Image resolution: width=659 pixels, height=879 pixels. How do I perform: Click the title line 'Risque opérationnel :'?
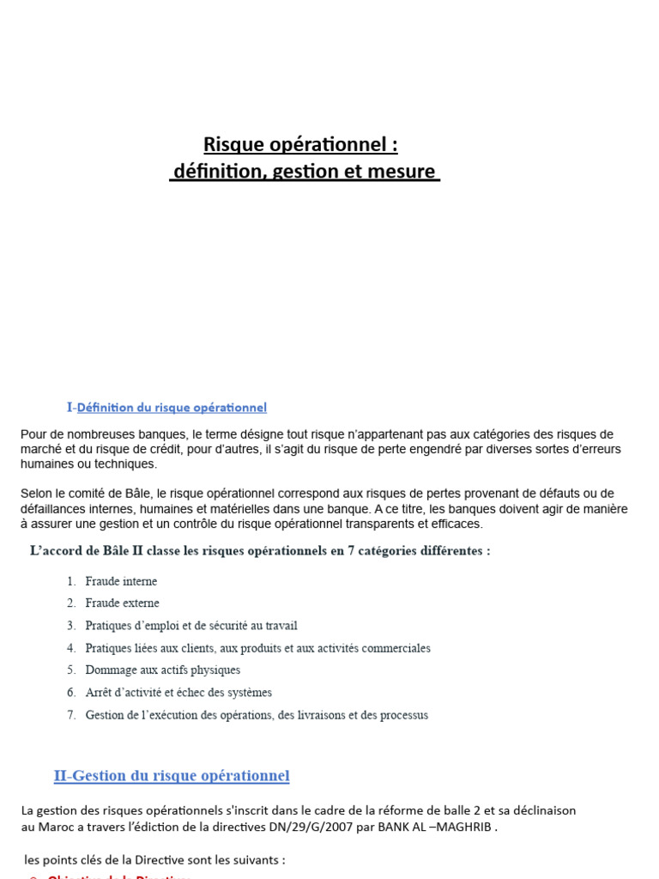(300, 144)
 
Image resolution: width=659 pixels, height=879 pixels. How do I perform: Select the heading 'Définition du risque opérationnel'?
(172, 407)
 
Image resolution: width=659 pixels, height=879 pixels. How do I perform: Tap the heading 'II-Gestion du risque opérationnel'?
(172, 776)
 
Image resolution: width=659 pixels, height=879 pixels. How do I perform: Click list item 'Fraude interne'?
(121, 581)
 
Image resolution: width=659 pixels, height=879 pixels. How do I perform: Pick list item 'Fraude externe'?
(122, 603)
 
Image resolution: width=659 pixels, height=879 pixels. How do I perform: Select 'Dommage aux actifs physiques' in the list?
(163, 670)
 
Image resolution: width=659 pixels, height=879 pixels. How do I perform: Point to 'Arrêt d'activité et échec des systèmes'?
(178, 692)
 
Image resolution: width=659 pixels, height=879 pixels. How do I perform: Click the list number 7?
(71, 714)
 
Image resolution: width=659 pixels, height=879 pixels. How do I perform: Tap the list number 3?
(71, 626)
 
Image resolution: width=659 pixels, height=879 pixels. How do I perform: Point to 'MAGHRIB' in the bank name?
(465, 827)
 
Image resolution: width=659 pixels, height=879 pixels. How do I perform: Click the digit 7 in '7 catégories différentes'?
(351, 551)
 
